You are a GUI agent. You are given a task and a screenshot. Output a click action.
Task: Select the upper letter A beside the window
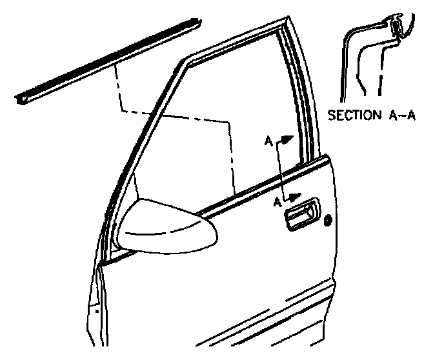267,139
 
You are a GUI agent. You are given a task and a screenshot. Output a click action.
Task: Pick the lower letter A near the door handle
276,202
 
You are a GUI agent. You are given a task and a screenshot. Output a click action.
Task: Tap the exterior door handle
302,215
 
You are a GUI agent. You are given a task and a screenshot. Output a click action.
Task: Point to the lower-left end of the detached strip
19,99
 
